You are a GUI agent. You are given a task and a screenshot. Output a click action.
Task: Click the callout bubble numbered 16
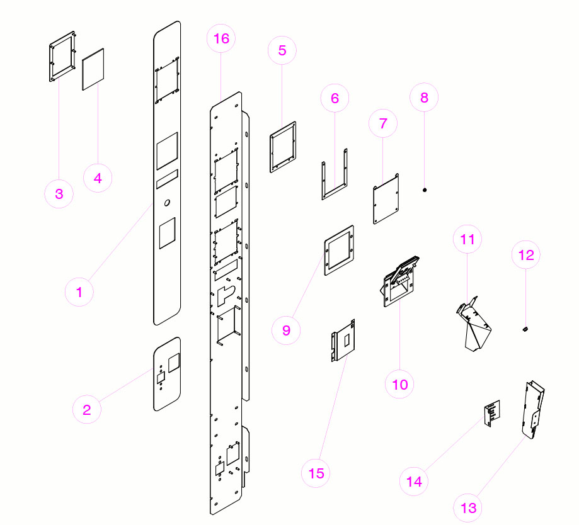(x=221, y=38)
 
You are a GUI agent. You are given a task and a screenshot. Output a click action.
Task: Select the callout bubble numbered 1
(x=79, y=291)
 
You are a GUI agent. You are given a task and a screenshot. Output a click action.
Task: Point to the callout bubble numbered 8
(x=424, y=98)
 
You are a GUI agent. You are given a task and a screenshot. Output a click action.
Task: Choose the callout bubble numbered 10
(x=400, y=383)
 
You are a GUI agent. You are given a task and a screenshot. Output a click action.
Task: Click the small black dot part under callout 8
(x=425, y=189)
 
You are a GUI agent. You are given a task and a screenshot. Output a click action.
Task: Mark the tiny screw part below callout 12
(x=525, y=329)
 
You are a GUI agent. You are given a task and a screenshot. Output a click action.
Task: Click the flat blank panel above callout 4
(x=93, y=69)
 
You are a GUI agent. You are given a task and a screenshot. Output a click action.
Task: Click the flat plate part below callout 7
(x=387, y=200)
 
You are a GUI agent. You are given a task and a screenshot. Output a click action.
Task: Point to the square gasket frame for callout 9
(x=339, y=251)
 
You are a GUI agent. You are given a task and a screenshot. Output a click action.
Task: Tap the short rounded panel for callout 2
(x=167, y=374)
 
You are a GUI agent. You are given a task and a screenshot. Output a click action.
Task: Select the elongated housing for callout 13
(x=532, y=410)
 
